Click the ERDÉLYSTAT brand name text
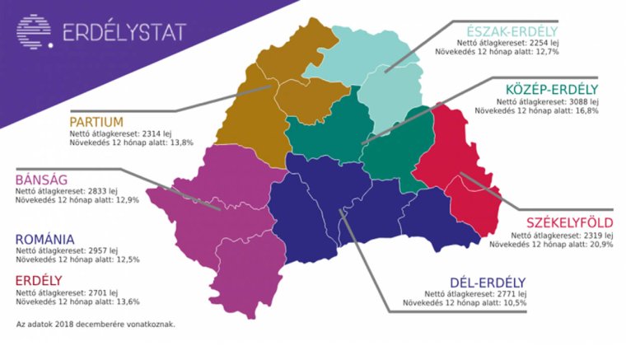(x=124, y=32)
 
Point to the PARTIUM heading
(x=96, y=122)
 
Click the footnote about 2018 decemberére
(x=96, y=324)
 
